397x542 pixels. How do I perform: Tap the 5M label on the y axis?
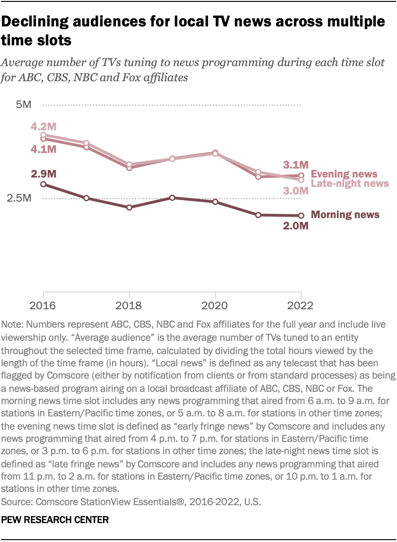click(x=23, y=104)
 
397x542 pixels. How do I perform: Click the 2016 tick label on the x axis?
click(x=43, y=305)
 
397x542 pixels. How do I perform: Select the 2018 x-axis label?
click(x=129, y=305)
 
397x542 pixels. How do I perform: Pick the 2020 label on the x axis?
click(x=215, y=305)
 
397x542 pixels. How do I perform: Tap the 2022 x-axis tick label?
click(x=301, y=305)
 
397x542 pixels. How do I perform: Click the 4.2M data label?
click(x=43, y=126)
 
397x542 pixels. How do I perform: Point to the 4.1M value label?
click(x=43, y=149)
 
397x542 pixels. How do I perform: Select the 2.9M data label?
click(x=43, y=174)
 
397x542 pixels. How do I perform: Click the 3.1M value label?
click(x=295, y=165)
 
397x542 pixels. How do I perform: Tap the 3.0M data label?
click(x=295, y=191)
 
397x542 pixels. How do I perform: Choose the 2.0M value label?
click(x=295, y=226)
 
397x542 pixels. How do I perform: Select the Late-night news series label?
click(x=350, y=183)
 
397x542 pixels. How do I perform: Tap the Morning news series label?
click(x=345, y=215)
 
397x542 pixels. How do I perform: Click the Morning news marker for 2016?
click(x=43, y=184)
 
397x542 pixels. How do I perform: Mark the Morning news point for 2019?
click(x=173, y=198)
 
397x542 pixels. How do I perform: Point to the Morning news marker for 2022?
click(x=301, y=216)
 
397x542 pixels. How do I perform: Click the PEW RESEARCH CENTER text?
click(x=55, y=520)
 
